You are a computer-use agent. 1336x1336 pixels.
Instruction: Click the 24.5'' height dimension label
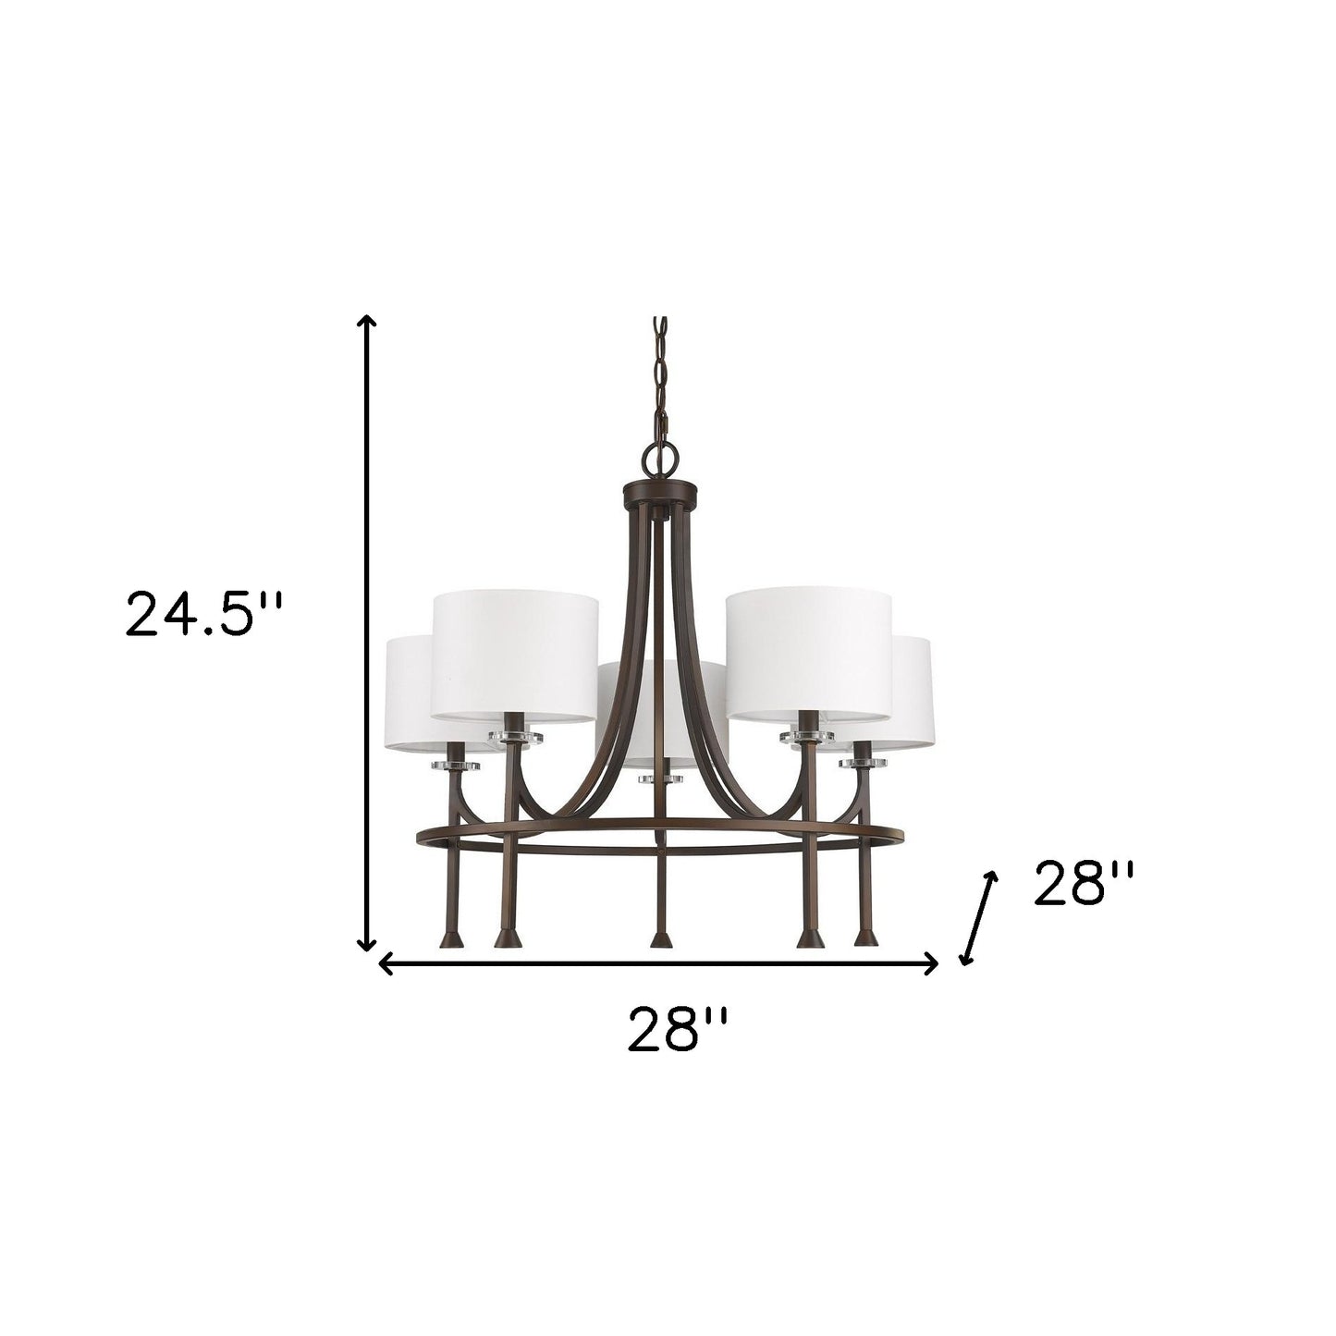pyautogui.click(x=202, y=614)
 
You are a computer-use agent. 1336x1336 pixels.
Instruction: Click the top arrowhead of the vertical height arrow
pyautogui.click(x=367, y=322)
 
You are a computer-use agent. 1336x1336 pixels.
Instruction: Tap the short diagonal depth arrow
pyautogui.click(x=979, y=918)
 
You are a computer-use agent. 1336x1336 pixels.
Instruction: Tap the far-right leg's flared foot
pyautogui.click(x=864, y=938)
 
